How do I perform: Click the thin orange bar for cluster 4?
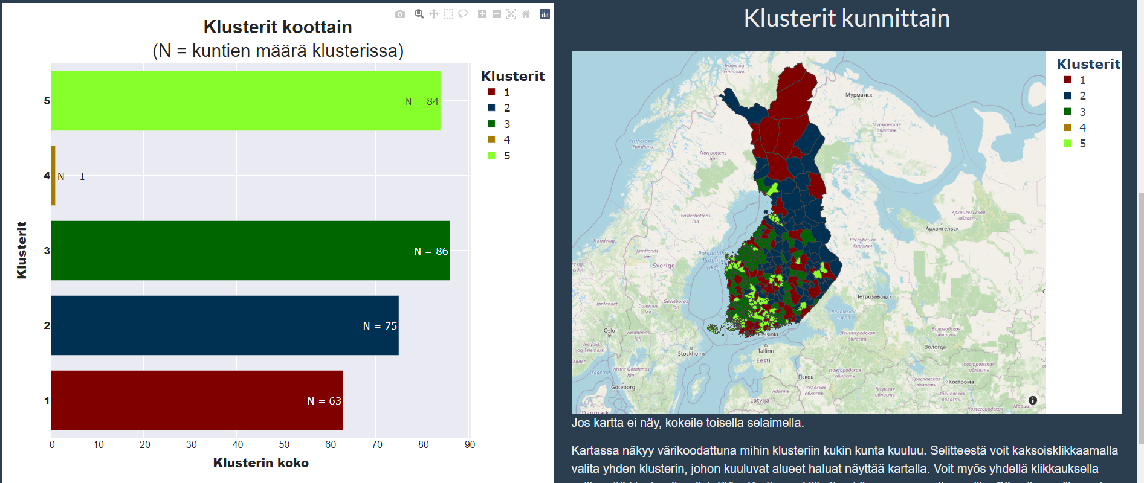[53, 176]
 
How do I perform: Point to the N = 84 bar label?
[421, 101]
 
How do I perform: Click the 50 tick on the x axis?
[284, 445]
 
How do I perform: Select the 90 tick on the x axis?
[470, 445]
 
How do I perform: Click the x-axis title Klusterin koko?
[260, 463]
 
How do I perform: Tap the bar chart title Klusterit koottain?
[277, 27]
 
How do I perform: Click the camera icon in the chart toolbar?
[400, 14]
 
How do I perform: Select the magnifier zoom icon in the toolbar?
[419, 14]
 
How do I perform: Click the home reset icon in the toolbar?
[526, 14]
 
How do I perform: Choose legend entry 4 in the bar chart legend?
[506, 140]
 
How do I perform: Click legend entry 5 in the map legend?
[1082, 144]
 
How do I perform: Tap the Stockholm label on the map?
[691, 354]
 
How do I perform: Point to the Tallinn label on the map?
[766, 350]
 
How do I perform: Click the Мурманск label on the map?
[859, 95]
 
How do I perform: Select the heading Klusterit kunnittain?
[847, 18]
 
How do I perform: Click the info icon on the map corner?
[1033, 400]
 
